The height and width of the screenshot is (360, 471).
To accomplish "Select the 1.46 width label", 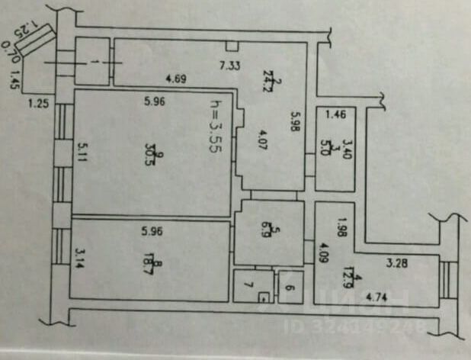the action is pyautogui.click(x=336, y=116).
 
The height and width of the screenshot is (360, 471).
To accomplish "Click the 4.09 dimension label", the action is pyautogui.click(x=324, y=250).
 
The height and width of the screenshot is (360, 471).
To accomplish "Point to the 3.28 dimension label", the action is pyautogui.click(x=397, y=265).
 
